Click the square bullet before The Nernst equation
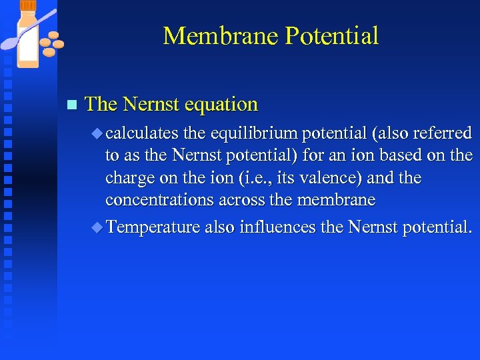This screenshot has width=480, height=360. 72,105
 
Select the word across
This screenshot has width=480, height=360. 239,200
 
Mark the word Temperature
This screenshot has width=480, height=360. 153,227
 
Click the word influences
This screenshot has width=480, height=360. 277,227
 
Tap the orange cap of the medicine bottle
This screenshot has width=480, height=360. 28,6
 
